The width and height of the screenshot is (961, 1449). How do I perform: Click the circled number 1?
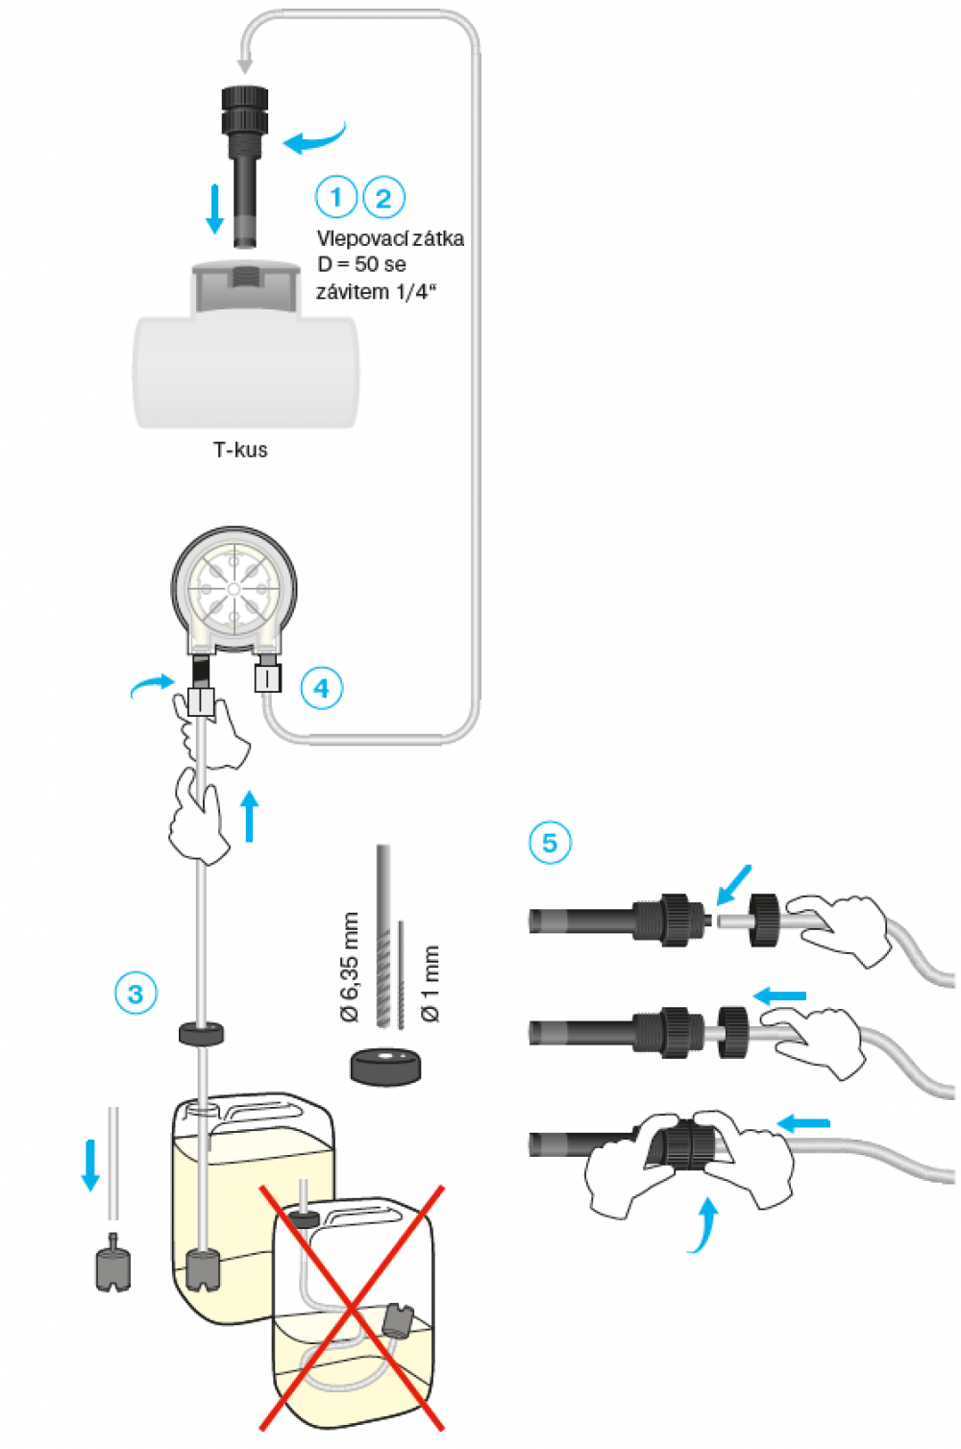(335, 198)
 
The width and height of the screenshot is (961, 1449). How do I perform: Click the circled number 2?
(383, 198)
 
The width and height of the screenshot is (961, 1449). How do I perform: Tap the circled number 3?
(136, 994)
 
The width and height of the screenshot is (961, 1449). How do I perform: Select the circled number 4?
(321, 688)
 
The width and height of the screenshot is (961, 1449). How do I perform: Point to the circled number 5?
(550, 843)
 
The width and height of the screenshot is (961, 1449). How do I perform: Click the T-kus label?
(240, 450)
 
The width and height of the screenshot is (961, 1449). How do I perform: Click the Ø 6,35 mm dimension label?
(350, 967)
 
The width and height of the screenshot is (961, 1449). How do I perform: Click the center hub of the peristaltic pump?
(234, 588)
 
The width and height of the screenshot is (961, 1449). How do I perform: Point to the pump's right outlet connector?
(268, 675)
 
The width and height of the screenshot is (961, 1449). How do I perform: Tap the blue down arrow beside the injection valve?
(214, 209)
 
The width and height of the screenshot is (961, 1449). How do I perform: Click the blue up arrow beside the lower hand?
(250, 817)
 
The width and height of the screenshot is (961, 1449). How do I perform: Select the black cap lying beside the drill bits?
(385, 1066)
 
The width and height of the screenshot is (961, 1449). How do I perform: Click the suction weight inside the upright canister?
(204, 1269)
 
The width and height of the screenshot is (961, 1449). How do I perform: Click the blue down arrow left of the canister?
(90, 1164)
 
